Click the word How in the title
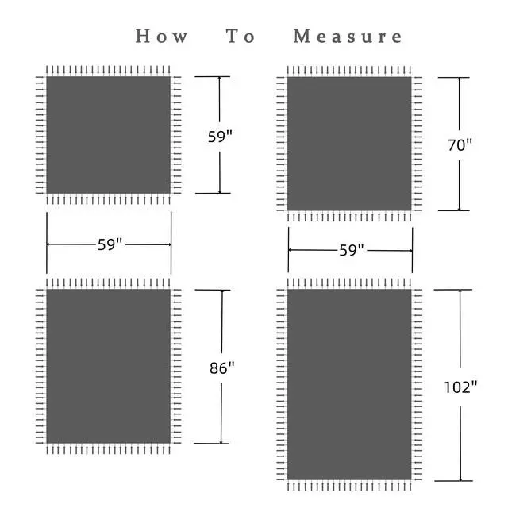(x=162, y=37)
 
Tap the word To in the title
(x=241, y=37)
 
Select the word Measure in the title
(x=348, y=37)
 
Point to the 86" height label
(x=221, y=368)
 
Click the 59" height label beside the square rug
(x=220, y=136)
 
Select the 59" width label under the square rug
(x=110, y=244)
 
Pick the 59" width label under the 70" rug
(x=351, y=250)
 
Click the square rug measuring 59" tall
(x=109, y=135)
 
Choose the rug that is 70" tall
(x=349, y=144)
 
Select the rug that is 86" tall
(x=109, y=366)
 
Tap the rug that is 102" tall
(x=349, y=385)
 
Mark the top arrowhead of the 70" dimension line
(x=459, y=79)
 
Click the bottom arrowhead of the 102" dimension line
(x=460, y=479)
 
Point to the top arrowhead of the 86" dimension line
(x=221, y=292)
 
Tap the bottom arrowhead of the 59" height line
(x=220, y=190)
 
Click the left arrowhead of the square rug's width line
(x=49, y=244)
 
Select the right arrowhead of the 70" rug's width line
(x=410, y=250)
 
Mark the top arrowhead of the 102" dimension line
(x=460, y=292)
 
